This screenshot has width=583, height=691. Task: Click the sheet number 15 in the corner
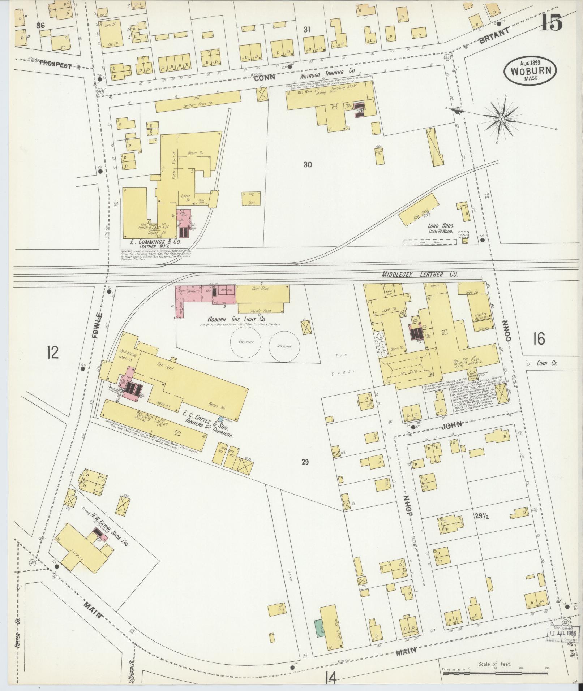(552, 23)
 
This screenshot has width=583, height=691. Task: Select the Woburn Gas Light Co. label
(236, 320)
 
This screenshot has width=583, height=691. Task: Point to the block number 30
(308, 165)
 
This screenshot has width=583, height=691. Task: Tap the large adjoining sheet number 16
(539, 339)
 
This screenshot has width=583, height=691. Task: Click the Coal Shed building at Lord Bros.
(418, 210)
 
